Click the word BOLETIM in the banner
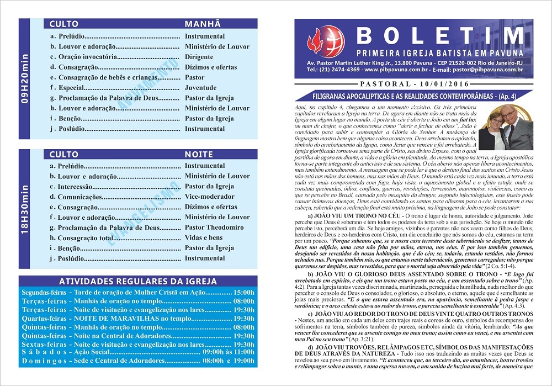[x=439, y=36]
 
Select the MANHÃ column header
[x=203, y=24]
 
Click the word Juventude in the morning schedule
[x=200, y=88]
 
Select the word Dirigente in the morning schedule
[x=199, y=57]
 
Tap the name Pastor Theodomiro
[x=214, y=228]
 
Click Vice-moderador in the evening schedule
[x=209, y=197]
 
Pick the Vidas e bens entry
[x=204, y=237]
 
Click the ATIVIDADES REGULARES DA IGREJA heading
[x=138, y=281]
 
